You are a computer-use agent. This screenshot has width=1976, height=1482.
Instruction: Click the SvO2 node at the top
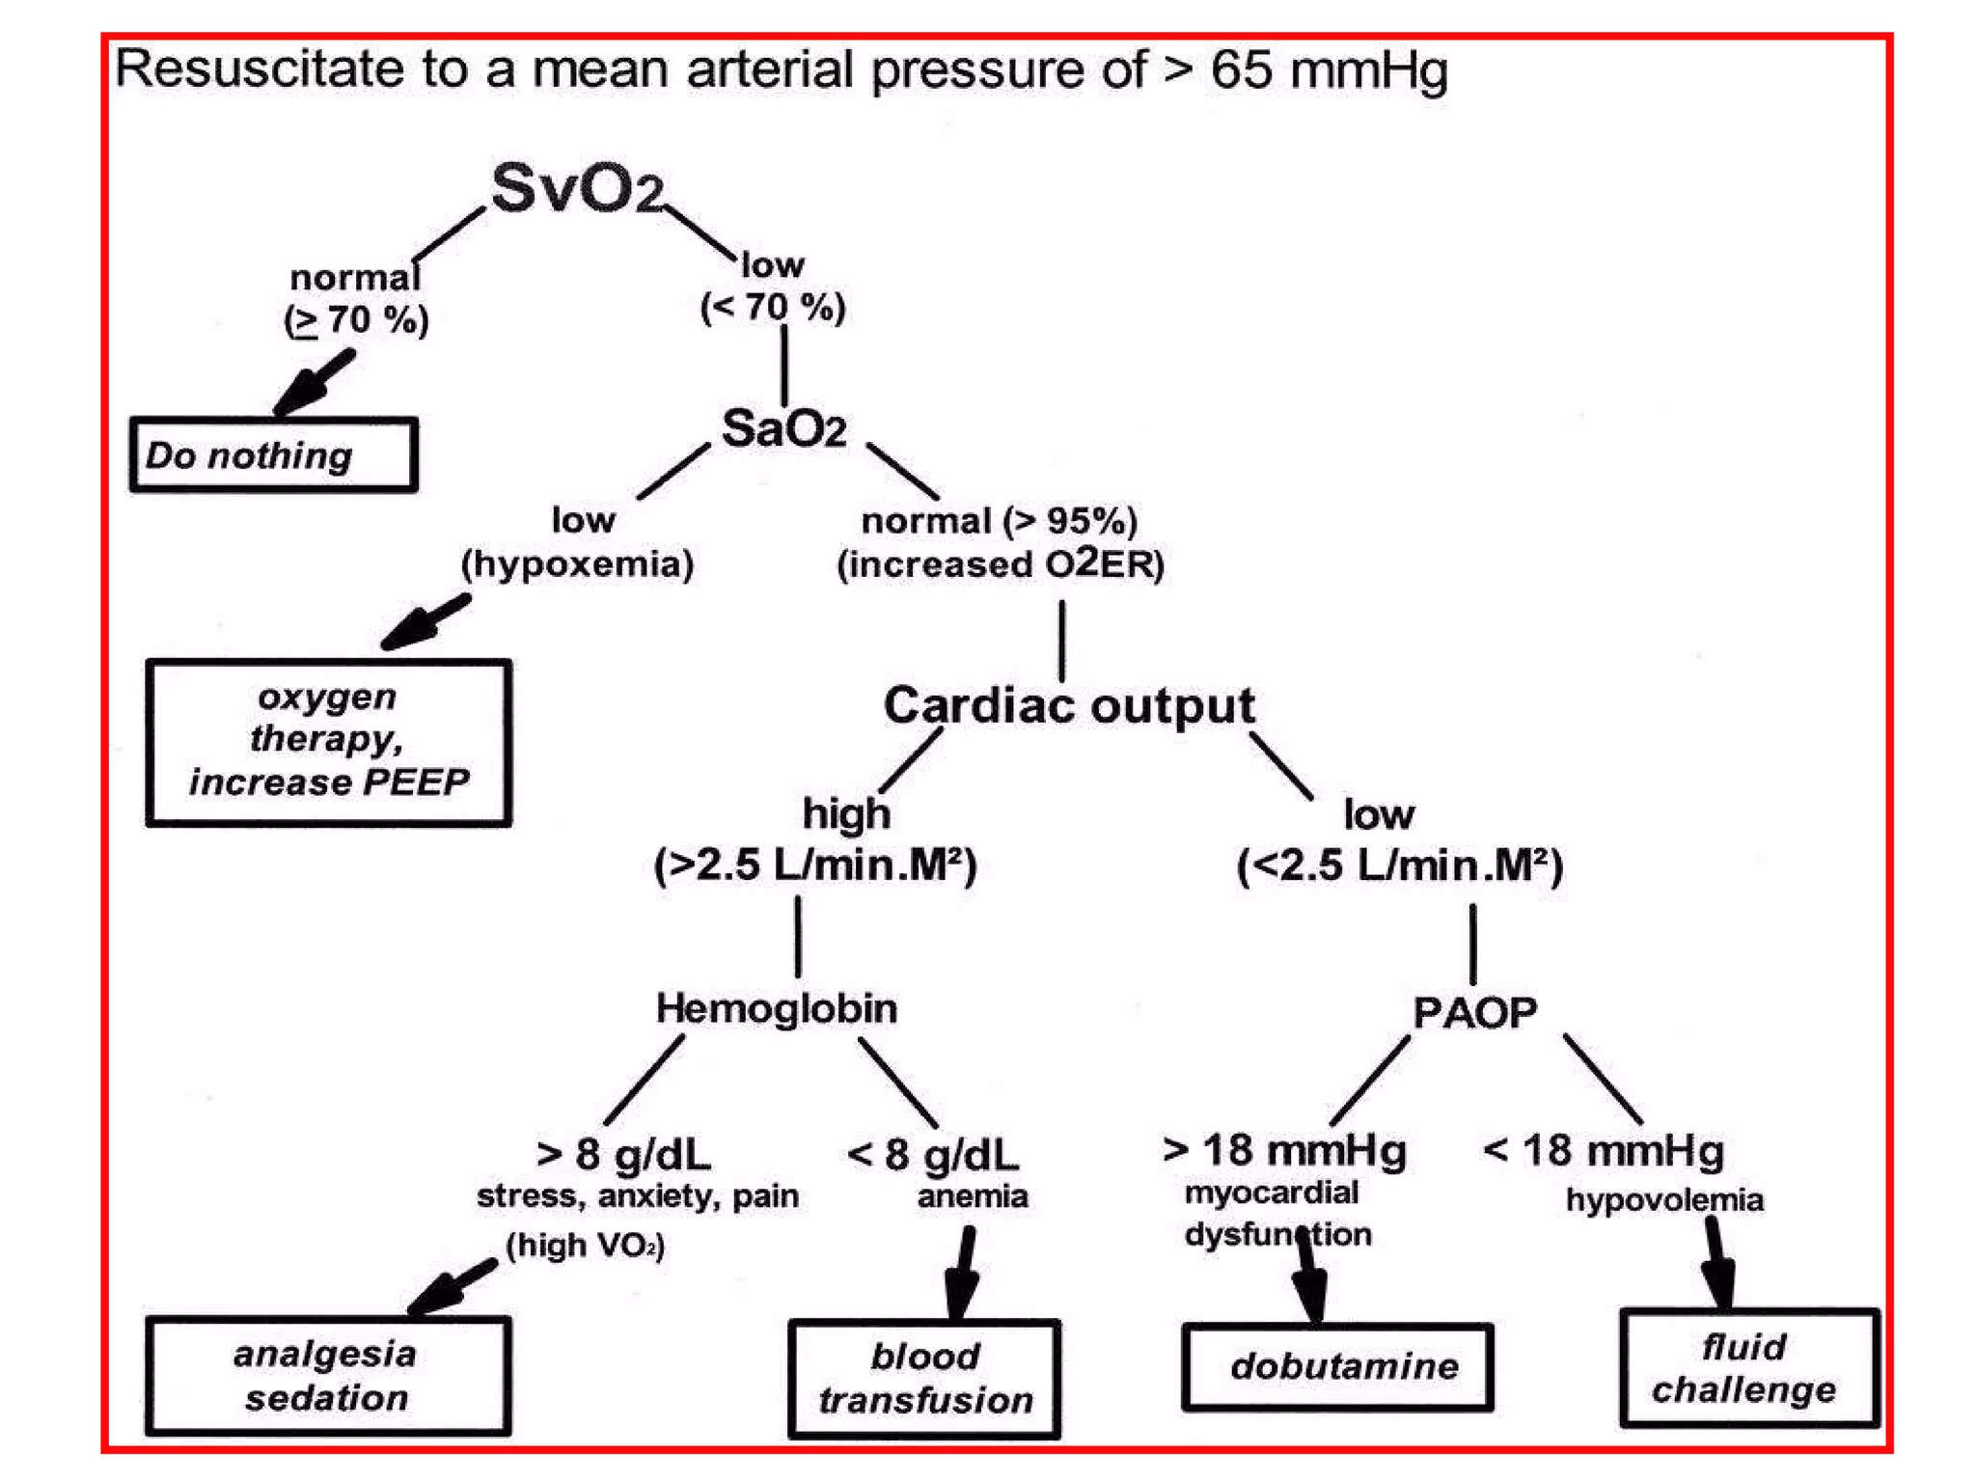tap(577, 187)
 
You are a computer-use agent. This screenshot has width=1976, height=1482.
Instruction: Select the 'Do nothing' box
tap(274, 455)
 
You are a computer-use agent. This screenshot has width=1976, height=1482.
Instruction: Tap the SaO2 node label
tap(783, 428)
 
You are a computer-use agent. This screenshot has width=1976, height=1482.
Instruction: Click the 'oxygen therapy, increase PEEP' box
tap(329, 741)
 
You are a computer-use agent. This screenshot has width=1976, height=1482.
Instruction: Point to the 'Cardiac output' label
tap(1069, 705)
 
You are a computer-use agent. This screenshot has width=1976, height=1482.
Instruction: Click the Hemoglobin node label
tap(777, 1008)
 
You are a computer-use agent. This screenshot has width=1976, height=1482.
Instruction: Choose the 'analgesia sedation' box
tap(327, 1375)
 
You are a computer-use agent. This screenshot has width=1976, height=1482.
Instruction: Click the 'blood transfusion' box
tap(924, 1378)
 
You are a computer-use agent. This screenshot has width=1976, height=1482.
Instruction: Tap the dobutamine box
tap(1338, 1366)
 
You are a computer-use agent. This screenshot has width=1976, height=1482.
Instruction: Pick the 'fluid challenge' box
tap(1748, 1368)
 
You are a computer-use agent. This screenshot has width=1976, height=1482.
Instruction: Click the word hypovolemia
tap(1664, 1199)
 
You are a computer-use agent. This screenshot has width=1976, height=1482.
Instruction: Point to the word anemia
tap(972, 1196)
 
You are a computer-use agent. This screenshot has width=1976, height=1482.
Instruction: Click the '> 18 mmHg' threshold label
tap(1284, 1150)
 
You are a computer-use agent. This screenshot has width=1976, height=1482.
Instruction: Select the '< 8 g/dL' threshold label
tap(932, 1154)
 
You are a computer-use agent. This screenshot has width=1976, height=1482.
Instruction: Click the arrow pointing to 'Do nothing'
tap(313, 383)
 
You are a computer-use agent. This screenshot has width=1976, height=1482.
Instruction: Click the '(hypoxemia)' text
tap(577, 563)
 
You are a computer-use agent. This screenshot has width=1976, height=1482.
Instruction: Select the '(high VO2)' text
tap(586, 1245)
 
